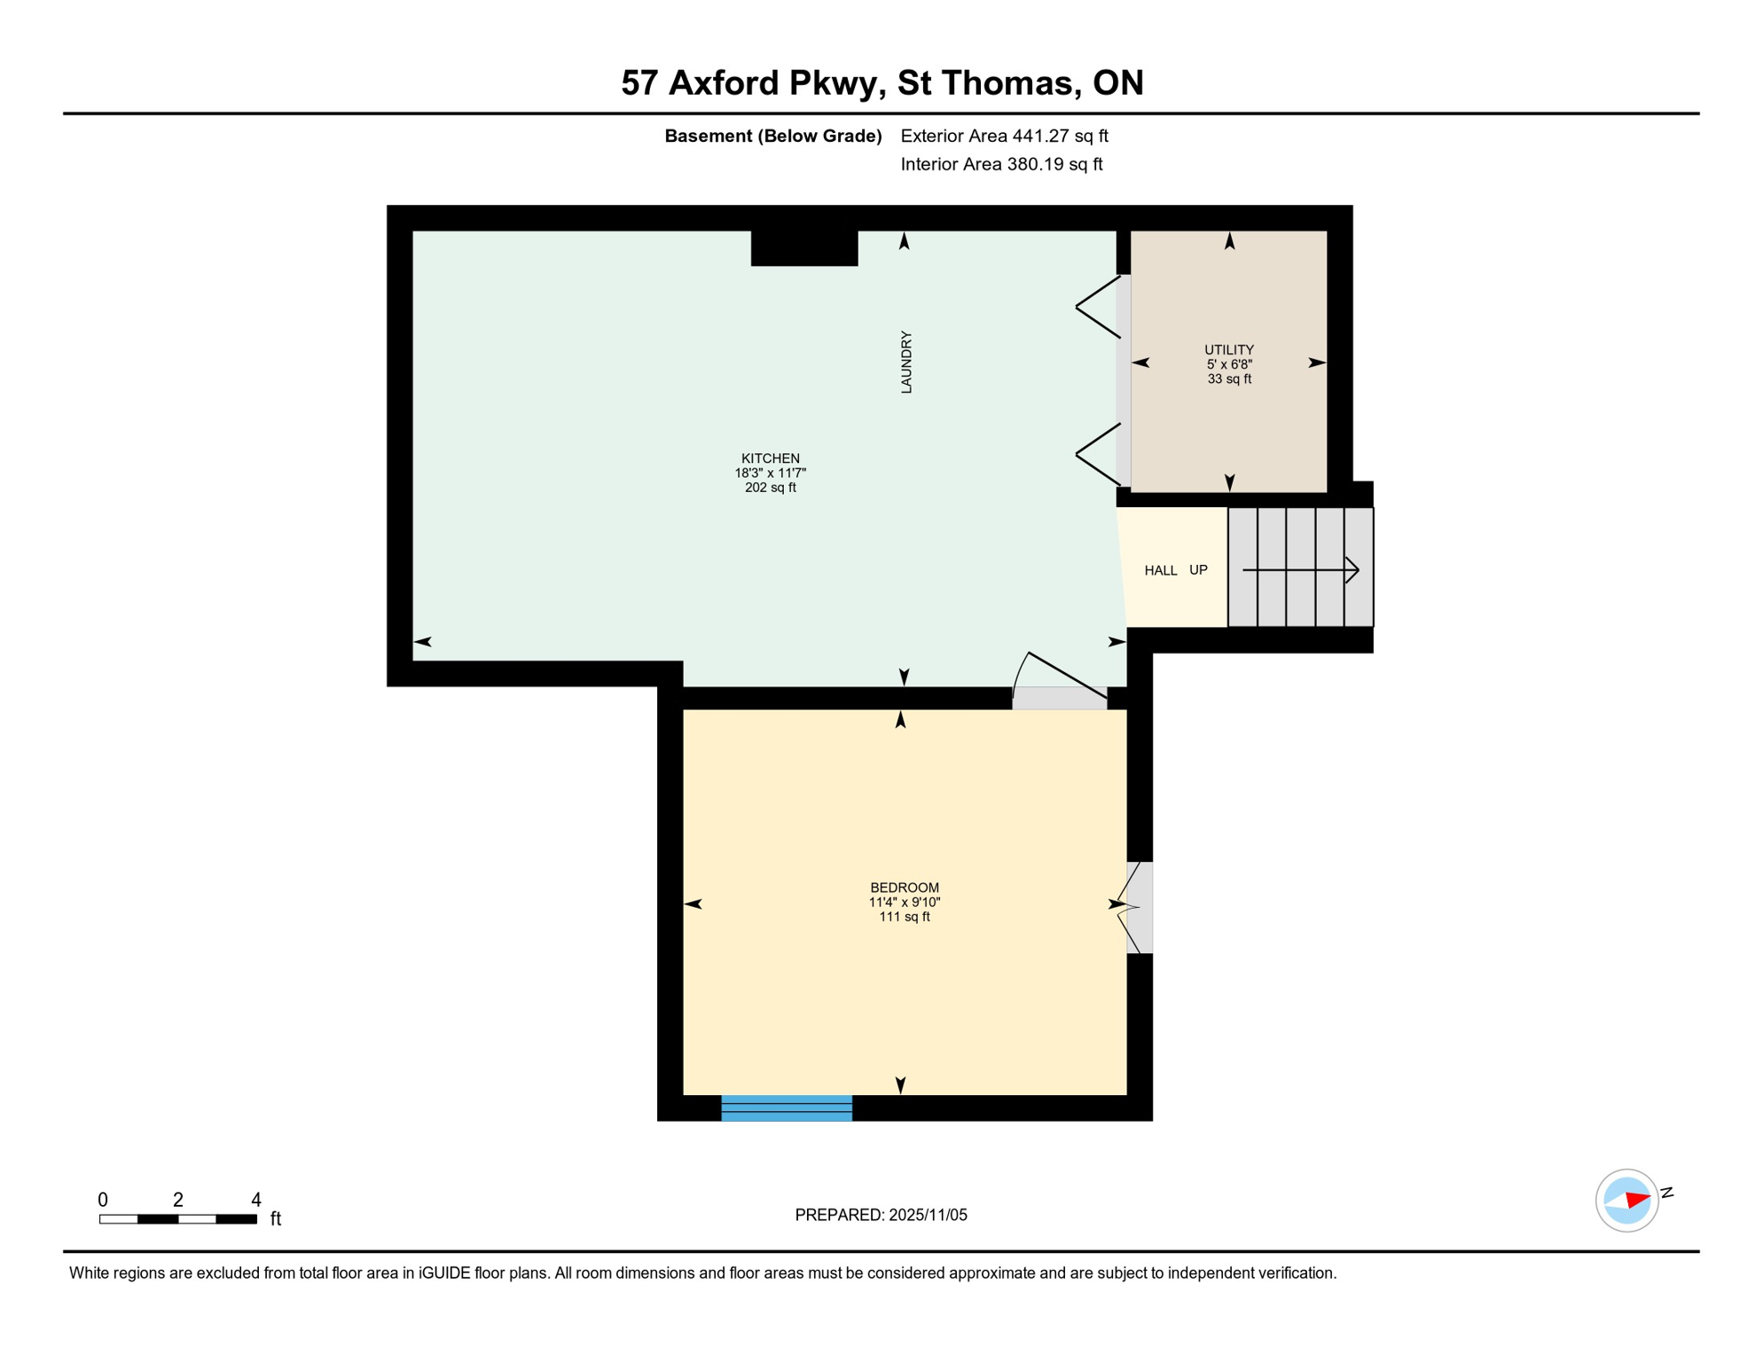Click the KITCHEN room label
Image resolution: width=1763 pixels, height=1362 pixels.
click(770, 458)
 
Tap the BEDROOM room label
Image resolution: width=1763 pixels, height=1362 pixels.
click(904, 888)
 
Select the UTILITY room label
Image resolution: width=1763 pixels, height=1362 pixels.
click(1228, 349)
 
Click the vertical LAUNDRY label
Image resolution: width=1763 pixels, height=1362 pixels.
click(905, 362)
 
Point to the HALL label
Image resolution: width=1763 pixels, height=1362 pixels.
click(1160, 570)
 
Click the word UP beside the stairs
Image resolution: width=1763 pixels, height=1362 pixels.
click(1198, 570)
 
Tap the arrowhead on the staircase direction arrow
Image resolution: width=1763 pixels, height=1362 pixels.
click(1352, 570)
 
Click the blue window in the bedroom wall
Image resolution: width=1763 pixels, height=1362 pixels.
click(786, 1108)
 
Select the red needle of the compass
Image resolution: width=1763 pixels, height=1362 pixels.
click(1637, 1200)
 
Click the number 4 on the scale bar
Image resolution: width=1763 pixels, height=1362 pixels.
click(256, 1200)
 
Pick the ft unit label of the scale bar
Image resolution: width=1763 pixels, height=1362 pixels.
click(276, 1219)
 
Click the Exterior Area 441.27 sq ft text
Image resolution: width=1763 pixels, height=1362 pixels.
click(1004, 136)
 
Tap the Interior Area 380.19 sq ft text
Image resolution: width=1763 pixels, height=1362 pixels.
click(1001, 164)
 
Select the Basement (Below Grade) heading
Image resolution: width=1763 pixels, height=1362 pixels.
click(772, 136)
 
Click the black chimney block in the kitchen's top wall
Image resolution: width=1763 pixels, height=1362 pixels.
click(803, 247)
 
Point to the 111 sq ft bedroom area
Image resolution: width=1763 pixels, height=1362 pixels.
click(904, 917)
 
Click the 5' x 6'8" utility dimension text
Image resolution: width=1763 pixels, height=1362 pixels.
click(1228, 364)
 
